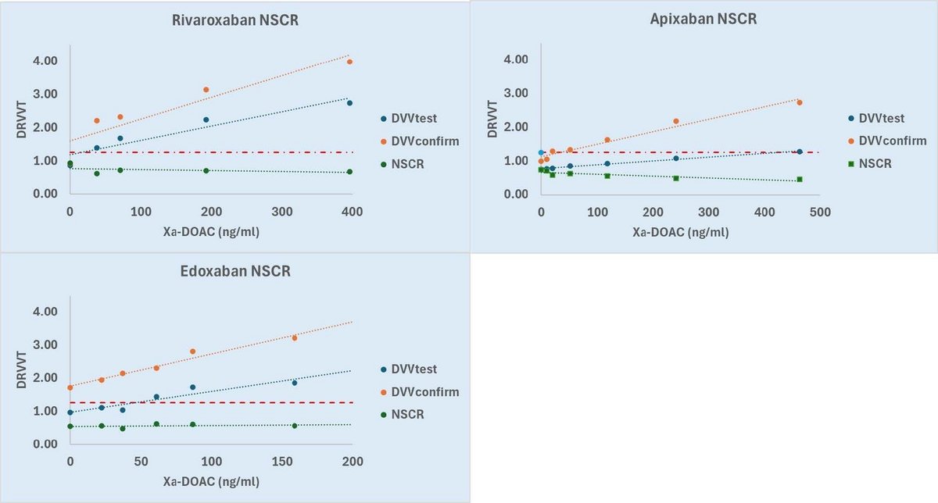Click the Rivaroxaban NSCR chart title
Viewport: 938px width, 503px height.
click(x=234, y=21)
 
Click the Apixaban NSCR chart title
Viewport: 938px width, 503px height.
click(x=704, y=19)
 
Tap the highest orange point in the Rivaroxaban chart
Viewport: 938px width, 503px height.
click(x=349, y=62)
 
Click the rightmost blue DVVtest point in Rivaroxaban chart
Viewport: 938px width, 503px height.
click(x=349, y=103)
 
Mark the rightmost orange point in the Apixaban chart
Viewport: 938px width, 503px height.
click(x=799, y=102)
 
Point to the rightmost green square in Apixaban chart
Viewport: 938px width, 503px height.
click(x=799, y=179)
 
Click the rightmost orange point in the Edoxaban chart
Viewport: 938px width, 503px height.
click(x=295, y=338)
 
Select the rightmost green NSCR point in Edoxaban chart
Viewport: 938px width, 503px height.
click(x=295, y=426)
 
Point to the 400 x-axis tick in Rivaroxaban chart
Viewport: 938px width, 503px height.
click(x=353, y=212)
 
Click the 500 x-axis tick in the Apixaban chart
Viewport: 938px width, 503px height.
click(x=820, y=212)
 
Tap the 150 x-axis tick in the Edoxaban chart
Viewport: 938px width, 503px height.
click(x=281, y=462)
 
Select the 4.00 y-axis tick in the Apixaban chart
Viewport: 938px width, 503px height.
click(x=517, y=60)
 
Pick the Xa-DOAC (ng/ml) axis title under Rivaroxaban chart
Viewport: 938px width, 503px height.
click(x=210, y=232)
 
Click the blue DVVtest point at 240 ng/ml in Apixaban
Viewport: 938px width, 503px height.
click(x=676, y=159)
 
